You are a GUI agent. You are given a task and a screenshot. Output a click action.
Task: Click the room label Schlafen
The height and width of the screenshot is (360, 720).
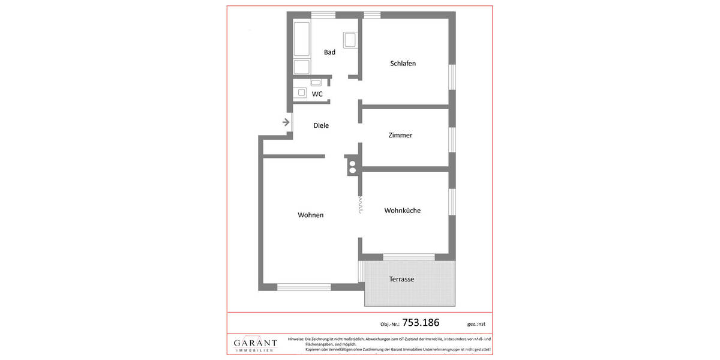pyautogui.click(x=403, y=64)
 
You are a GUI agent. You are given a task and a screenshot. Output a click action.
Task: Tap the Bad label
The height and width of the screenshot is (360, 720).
pyautogui.click(x=329, y=52)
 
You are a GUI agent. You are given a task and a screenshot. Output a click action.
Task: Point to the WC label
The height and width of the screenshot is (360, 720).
pyautogui.click(x=317, y=94)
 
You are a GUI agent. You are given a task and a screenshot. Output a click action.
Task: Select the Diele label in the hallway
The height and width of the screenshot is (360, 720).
pyautogui.click(x=321, y=125)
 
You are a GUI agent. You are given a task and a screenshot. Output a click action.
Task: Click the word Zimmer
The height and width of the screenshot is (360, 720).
pyautogui.click(x=400, y=136)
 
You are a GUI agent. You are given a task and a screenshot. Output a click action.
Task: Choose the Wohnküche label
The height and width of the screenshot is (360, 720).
pyautogui.click(x=402, y=211)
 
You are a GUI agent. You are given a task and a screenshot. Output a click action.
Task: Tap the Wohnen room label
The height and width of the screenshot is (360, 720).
pyautogui.click(x=310, y=215)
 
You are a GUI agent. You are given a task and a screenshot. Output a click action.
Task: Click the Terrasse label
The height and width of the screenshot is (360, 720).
pyautogui.click(x=401, y=279)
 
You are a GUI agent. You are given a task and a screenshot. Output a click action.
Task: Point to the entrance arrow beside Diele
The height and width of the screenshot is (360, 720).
pyautogui.click(x=286, y=122)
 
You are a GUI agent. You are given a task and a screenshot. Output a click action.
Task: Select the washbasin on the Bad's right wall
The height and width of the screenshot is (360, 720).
pyautogui.click(x=350, y=40)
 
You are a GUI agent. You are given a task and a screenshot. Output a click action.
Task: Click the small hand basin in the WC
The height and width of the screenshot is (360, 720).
pyautogui.click(x=316, y=82)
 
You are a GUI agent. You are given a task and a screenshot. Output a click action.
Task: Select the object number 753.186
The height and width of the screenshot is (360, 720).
pyautogui.click(x=420, y=323)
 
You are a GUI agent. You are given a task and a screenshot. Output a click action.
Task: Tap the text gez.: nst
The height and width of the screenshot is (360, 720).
pyautogui.click(x=476, y=324)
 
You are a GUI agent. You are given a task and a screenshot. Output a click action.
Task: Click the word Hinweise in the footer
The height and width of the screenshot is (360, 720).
pyautogui.click(x=296, y=340)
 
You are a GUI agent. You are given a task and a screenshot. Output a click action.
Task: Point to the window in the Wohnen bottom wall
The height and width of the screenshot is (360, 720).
pyautogui.click(x=304, y=286)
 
